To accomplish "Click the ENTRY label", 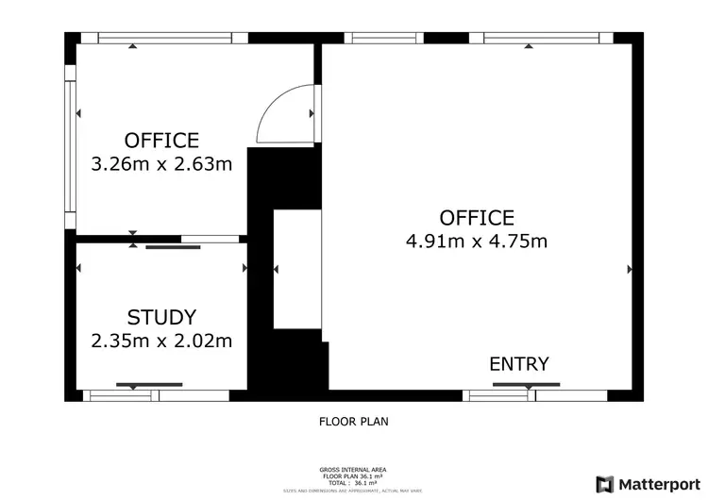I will pos(518,364).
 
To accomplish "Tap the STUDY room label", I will pos(161,317).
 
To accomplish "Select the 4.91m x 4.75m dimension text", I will pos(477,241).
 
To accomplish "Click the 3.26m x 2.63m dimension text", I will pos(161,164).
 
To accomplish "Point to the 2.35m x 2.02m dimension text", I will pos(161,341).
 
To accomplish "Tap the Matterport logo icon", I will pos(603,483).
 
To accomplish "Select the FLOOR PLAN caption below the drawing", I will pos(353,422).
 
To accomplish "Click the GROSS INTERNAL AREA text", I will pos(353,469).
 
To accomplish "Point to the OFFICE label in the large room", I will pos(477,218).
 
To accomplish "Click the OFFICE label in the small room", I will pos(161,141).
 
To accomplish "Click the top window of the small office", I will pos(165,39).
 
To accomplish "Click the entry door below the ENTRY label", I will pos(526,386).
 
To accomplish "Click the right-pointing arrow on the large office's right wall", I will pos(630,269).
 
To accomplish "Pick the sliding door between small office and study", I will pos(174,246).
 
